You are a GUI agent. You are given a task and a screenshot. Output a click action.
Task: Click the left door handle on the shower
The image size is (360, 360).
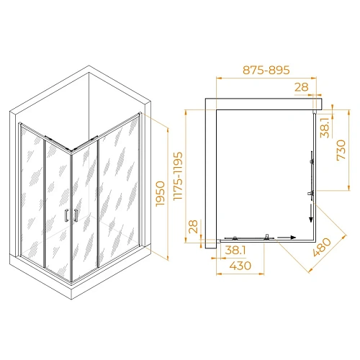pyautogui.click(x=66, y=215)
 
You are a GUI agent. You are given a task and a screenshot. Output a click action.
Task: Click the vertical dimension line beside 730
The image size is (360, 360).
pyautogui.click(x=339, y=149)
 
